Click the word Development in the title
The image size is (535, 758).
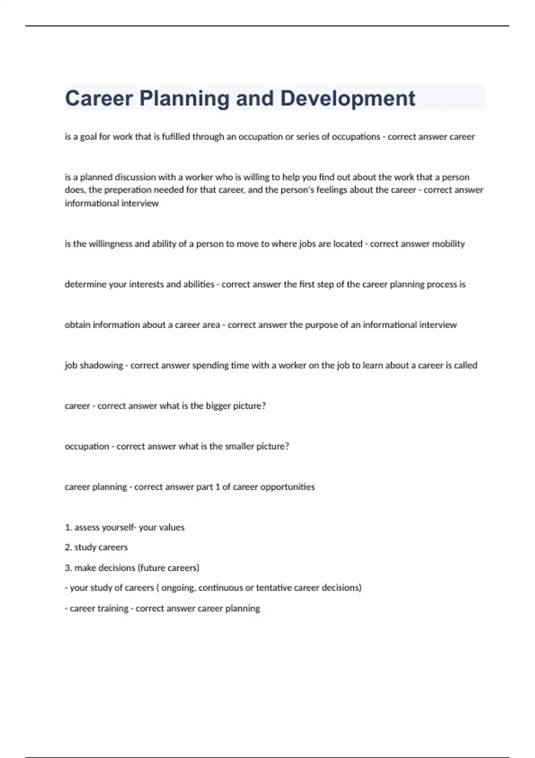[348, 99]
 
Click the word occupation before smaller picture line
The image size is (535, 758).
[87, 446]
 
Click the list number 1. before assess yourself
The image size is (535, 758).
[68, 527]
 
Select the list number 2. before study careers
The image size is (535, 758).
[68, 548]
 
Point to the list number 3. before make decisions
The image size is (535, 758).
[68, 568]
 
